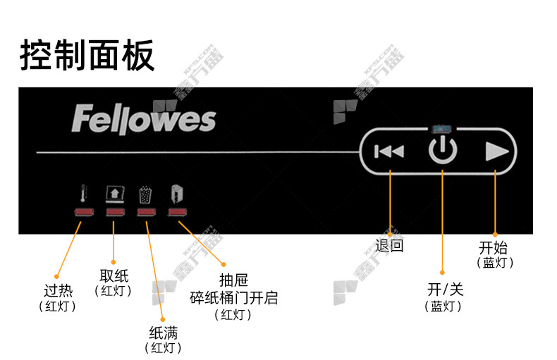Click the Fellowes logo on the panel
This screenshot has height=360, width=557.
click(x=143, y=120)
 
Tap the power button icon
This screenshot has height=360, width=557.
click(x=443, y=151)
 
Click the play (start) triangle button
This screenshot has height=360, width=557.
click(x=496, y=151)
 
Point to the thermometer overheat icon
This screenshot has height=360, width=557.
click(x=84, y=194)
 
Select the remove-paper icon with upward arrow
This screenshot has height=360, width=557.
click(x=114, y=194)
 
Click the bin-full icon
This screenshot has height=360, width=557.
click(x=145, y=194)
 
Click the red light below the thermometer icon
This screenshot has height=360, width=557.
click(x=84, y=213)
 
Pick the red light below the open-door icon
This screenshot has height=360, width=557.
click(x=176, y=213)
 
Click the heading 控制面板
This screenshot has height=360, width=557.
click(x=87, y=56)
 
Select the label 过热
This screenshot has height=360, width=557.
click(x=57, y=291)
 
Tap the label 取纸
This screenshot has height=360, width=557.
click(x=114, y=275)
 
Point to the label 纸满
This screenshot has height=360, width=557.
click(x=162, y=333)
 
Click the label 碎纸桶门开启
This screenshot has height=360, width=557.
click(x=233, y=298)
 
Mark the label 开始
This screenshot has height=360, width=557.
click(x=493, y=247)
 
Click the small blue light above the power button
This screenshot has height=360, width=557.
click(x=442, y=130)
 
